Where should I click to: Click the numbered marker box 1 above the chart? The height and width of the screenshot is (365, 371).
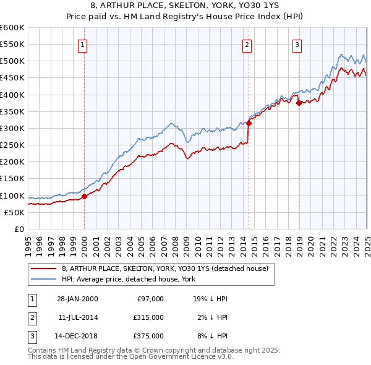point(83,44)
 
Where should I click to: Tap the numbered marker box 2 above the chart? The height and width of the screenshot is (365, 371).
point(247,44)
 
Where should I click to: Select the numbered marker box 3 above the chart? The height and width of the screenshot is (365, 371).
point(297,44)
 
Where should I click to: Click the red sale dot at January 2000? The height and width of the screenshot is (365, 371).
point(85,196)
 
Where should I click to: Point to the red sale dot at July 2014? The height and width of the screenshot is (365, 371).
point(249,123)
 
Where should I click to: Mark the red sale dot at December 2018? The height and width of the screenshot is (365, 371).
point(299,103)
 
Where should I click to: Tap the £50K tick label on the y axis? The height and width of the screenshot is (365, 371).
point(15,212)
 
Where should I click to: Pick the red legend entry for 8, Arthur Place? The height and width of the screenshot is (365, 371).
point(164,268)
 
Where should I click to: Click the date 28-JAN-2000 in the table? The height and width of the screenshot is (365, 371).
point(77,299)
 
